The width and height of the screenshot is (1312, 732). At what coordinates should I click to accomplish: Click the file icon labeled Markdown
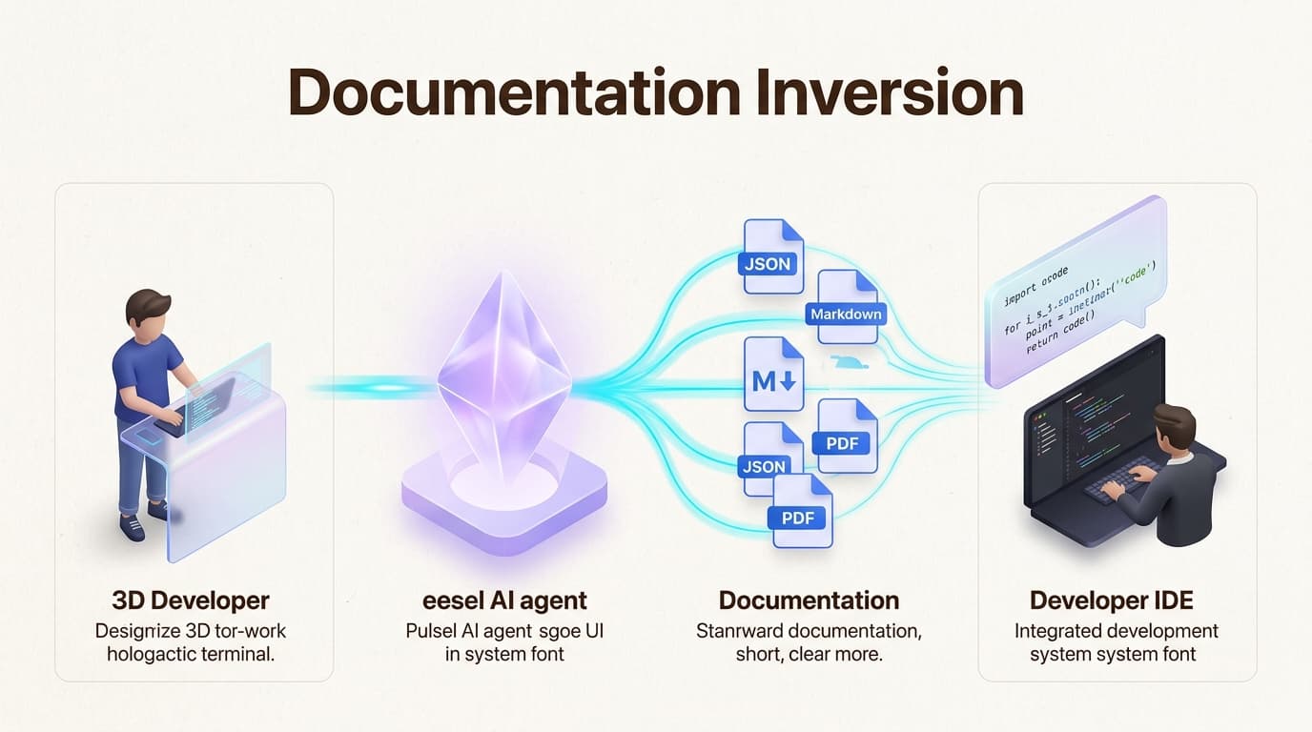click(847, 306)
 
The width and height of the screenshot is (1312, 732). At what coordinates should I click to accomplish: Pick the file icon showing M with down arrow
click(773, 375)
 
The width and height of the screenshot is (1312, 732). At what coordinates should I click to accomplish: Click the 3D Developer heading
click(191, 600)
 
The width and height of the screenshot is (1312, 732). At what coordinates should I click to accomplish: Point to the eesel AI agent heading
click(504, 600)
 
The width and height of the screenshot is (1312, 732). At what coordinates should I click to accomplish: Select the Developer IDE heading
click(1111, 600)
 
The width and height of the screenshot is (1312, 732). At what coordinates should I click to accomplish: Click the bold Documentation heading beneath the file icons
click(809, 600)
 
